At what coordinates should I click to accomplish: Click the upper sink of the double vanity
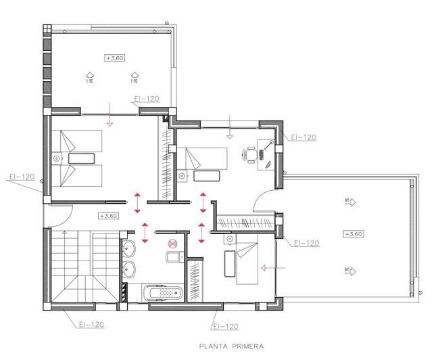pos(130,246)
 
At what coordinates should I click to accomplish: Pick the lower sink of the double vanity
pos(130,270)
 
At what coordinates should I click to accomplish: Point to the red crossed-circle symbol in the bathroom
pos(172,240)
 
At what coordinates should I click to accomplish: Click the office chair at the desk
pos(252,155)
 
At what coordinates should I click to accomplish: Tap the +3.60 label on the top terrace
pos(114,58)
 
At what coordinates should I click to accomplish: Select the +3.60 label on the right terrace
pos(353,233)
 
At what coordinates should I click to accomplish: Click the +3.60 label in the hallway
pos(108,216)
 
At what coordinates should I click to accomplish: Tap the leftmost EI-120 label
pos(22,177)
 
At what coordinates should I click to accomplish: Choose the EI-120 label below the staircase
pos(88,325)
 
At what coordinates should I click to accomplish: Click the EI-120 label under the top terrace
pos(147,99)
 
